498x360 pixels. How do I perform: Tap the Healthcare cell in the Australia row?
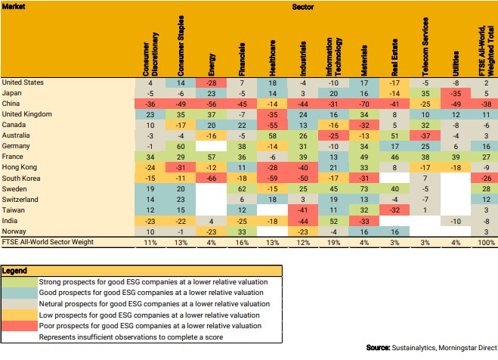[x=272, y=135]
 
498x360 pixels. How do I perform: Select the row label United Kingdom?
[x=27, y=114]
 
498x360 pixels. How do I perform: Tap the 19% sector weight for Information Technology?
[x=333, y=242]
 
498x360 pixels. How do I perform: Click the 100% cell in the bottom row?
[x=485, y=242]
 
